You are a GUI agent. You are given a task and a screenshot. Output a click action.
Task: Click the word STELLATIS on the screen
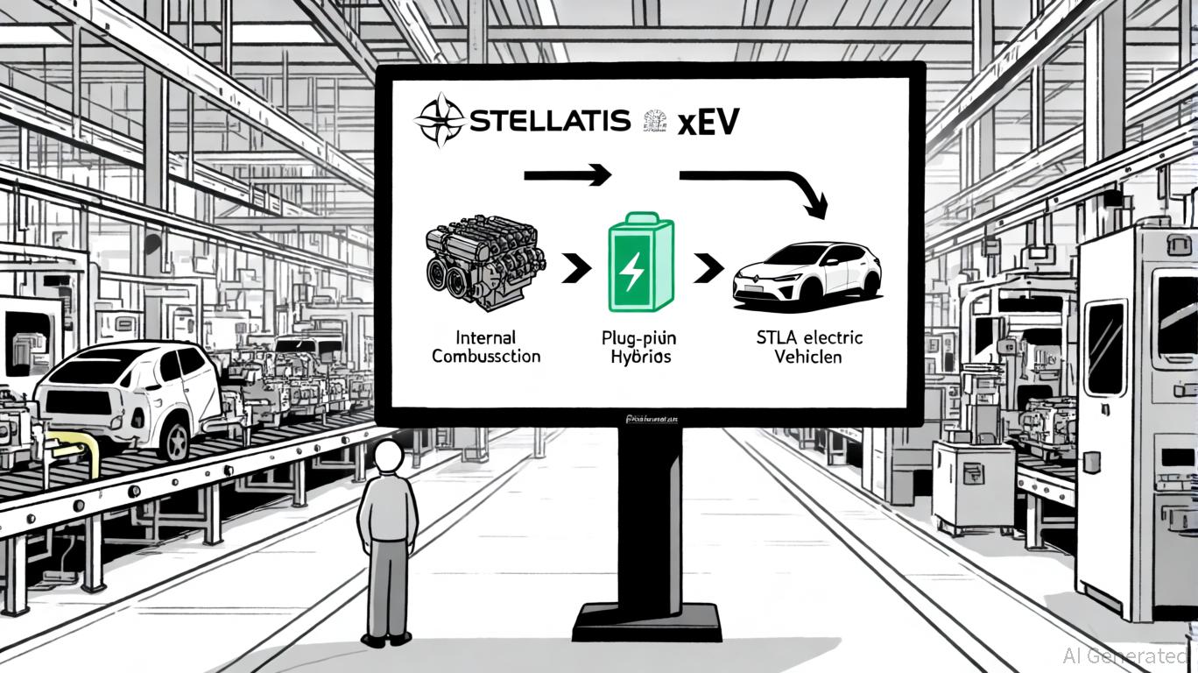(x=549, y=121)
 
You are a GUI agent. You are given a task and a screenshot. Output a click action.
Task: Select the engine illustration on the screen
(x=485, y=264)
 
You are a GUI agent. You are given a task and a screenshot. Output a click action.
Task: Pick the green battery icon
(x=640, y=264)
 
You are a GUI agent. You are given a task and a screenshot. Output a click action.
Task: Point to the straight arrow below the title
(x=567, y=175)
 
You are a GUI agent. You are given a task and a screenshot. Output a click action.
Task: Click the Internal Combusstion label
(x=486, y=347)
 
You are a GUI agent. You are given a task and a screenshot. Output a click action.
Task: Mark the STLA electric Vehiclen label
(x=809, y=348)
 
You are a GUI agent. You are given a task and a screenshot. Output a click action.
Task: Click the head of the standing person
(x=387, y=456)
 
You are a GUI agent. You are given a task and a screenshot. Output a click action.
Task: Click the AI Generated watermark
(x=1125, y=655)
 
